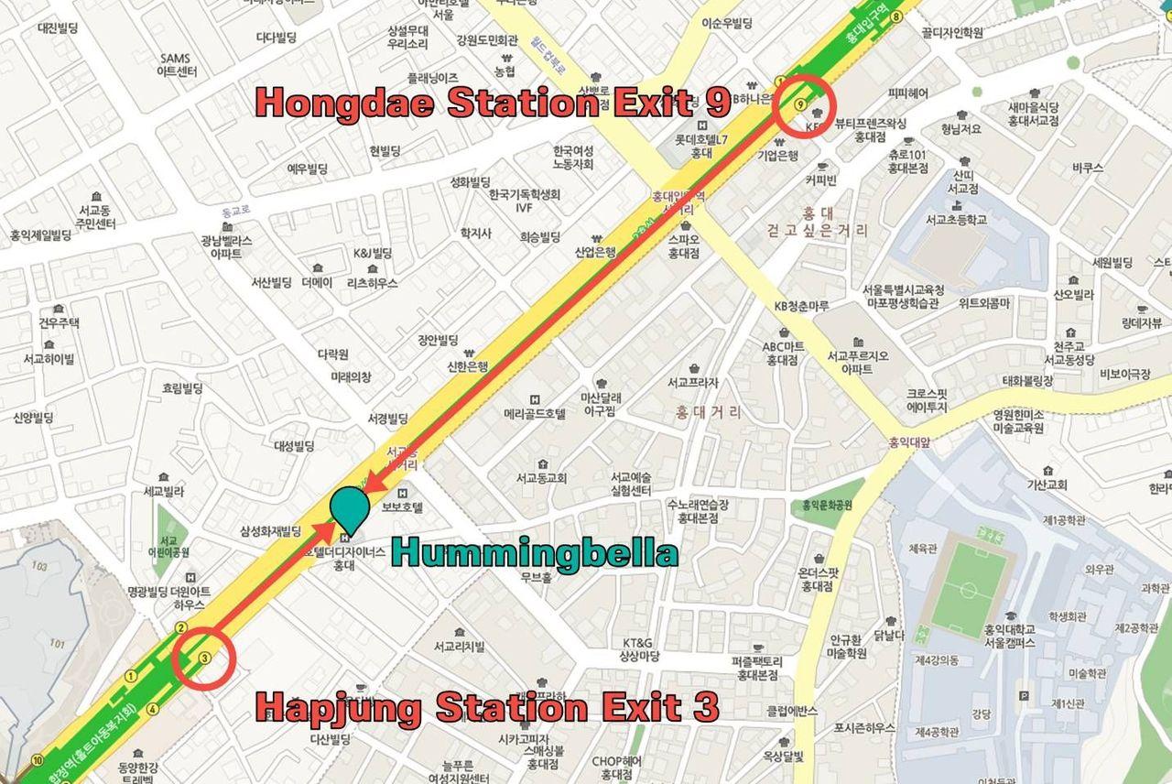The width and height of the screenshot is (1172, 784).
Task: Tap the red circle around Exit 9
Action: [x=803, y=104]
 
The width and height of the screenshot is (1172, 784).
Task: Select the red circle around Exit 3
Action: [x=204, y=657]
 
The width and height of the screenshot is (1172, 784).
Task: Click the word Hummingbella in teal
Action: [x=535, y=553]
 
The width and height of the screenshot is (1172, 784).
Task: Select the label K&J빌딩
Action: [x=373, y=253]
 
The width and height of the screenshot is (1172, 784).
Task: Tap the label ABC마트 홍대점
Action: [x=784, y=353]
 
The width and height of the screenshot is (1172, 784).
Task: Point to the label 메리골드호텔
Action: [x=536, y=413]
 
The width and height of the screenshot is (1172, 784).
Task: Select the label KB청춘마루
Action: [x=802, y=305]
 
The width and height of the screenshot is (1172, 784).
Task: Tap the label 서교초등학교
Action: [x=956, y=220]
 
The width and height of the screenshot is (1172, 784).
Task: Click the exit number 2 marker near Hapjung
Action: [x=182, y=628]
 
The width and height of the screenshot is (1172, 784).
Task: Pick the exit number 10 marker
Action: [x=37, y=760]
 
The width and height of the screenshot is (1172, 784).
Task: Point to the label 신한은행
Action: [x=468, y=365]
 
